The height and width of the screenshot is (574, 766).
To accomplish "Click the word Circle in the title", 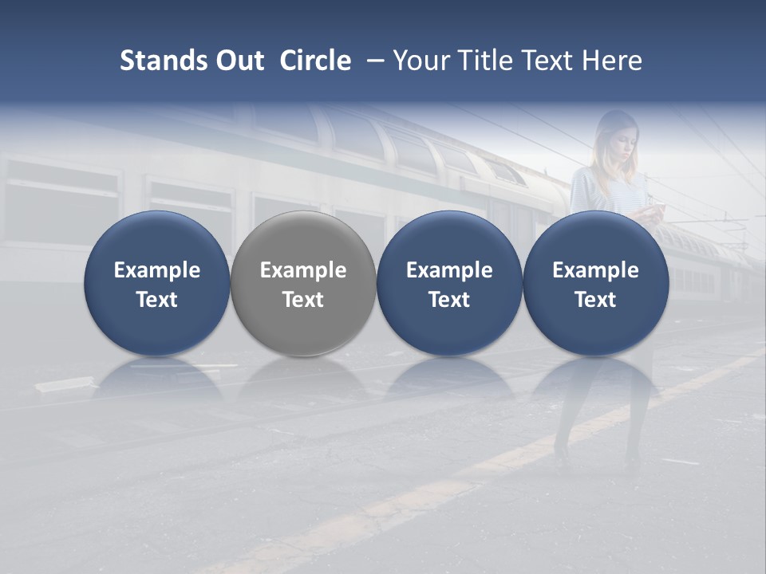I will (315, 61).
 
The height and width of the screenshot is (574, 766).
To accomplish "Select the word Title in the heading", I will (480, 61).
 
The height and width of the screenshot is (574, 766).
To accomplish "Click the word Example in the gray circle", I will (303, 270).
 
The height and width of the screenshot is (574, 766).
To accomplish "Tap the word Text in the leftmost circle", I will (156, 300).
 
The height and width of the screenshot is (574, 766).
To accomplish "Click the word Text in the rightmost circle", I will (595, 300).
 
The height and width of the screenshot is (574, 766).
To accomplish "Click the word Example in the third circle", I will (449, 270).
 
